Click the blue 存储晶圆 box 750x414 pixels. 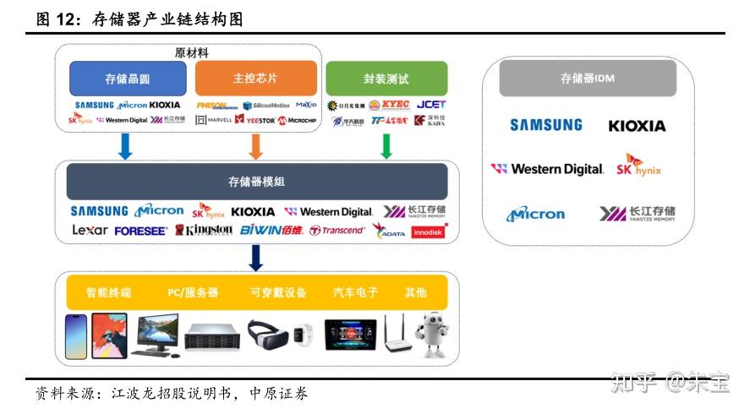click(x=128, y=79)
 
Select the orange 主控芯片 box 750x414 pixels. click(x=255, y=79)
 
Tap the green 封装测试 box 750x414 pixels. click(x=386, y=79)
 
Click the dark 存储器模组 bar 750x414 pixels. click(x=257, y=181)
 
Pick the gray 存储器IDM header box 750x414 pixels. click(x=588, y=79)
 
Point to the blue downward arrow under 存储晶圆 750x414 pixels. click(x=126, y=145)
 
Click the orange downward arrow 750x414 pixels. click(x=256, y=145)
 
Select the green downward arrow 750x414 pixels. click(x=386, y=145)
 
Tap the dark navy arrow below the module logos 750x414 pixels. click(x=256, y=256)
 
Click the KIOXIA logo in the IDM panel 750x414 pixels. click(x=637, y=126)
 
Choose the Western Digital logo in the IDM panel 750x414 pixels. click(x=548, y=169)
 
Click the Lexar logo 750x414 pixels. click(x=90, y=230)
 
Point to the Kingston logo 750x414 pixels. click(x=204, y=230)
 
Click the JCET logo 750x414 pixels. click(x=431, y=105)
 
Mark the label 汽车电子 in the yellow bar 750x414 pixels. click(x=355, y=292)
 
